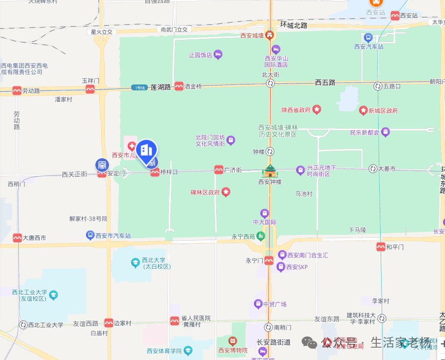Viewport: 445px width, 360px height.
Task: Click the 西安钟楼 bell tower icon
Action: (270, 171)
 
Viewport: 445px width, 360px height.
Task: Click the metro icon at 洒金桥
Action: (179, 86)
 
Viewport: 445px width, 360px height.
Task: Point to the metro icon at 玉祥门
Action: (90, 89)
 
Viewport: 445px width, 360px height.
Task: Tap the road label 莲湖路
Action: (161, 87)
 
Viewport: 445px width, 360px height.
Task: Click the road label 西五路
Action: (325, 83)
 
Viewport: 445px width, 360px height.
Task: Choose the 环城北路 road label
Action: (293, 25)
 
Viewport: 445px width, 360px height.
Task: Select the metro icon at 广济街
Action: (219, 170)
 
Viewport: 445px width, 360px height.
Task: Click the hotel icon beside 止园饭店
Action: (218, 55)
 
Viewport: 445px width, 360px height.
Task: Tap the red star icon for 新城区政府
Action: (363, 110)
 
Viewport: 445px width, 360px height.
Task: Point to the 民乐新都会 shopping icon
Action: (386, 132)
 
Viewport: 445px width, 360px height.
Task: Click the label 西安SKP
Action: (297, 267)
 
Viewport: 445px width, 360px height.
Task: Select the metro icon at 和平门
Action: (381, 247)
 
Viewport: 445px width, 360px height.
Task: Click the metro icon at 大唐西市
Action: (18, 238)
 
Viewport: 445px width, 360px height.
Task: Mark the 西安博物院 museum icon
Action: (233, 341)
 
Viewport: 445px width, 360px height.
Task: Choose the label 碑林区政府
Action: (205, 193)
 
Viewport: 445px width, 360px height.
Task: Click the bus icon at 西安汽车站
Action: (368, 37)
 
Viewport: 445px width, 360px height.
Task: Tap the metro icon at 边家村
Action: (109, 323)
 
